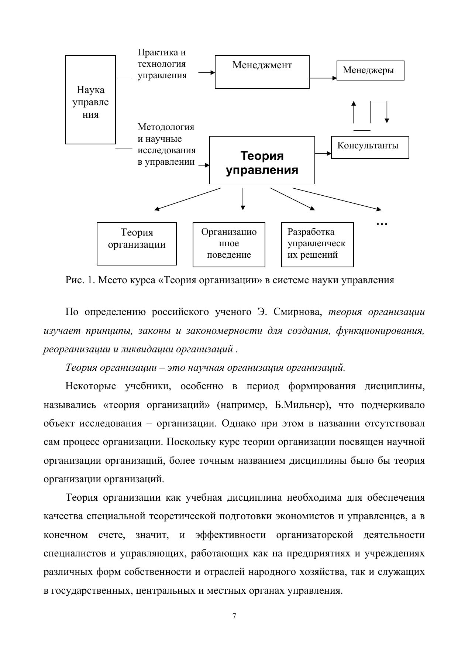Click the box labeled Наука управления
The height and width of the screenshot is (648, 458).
point(90,100)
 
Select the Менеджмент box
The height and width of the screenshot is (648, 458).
point(262,72)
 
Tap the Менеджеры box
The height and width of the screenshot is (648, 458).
point(370,71)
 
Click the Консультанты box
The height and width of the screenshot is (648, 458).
point(370,147)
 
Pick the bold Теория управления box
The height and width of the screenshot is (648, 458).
point(262,160)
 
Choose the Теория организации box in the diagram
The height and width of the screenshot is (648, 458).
point(137,244)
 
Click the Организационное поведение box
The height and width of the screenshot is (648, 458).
point(229,244)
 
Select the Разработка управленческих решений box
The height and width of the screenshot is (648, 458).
point(317,244)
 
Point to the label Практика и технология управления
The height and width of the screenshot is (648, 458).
point(162,64)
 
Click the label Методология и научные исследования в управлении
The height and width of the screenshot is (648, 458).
point(166,144)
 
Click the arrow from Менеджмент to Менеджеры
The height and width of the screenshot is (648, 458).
point(323,78)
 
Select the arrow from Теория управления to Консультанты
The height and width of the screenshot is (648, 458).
point(323,153)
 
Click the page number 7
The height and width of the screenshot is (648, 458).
point(234,616)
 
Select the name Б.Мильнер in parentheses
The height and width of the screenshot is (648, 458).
point(300,405)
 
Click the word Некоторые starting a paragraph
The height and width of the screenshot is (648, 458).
point(90,387)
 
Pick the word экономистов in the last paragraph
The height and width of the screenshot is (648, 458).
point(304,516)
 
